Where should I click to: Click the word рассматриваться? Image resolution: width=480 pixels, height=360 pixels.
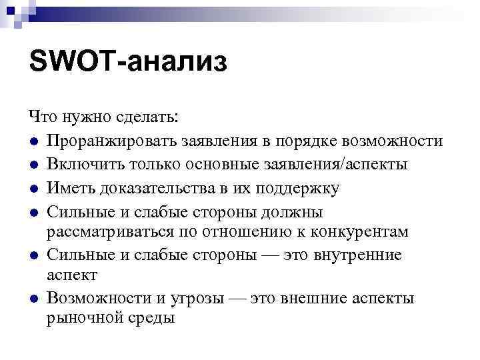point(111,231)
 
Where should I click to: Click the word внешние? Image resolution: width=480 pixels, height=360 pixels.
point(321,298)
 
